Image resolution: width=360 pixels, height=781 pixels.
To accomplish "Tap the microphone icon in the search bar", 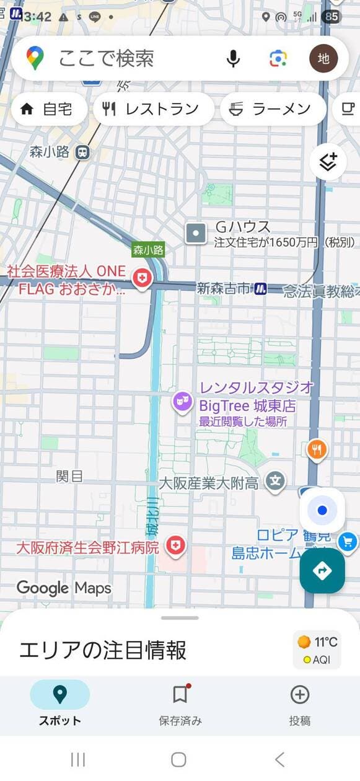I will click(x=233, y=59).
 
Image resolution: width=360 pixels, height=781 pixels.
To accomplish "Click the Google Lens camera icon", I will click(x=278, y=59).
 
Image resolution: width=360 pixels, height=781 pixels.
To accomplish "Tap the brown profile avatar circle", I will click(x=323, y=59).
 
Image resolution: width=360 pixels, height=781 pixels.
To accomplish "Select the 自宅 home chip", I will click(x=46, y=110).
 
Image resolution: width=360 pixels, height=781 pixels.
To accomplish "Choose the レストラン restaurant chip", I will click(x=152, y=110).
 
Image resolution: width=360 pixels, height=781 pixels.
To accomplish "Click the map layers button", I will click(x=328, y=162).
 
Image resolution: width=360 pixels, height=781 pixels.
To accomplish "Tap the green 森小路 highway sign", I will click(x=148, y=250).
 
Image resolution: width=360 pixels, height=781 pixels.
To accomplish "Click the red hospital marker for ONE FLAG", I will click(x=142, y=279).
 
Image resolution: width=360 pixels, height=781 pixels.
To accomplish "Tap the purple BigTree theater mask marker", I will click(x=182, y=402).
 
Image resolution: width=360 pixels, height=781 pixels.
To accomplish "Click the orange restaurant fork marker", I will click(x=317, y=450).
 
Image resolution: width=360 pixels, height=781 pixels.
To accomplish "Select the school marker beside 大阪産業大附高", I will click(x=275, y=480).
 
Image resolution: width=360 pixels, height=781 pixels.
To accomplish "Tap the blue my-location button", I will click(x=322, y=510).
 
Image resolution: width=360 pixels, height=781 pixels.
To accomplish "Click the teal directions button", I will click(x=322, y=570).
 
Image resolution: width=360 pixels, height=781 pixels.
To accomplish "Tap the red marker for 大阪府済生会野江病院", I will click(x=177, y=546).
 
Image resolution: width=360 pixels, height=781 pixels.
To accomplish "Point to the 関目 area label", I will click(x=69, y=476).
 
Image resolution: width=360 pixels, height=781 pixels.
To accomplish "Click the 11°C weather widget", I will click(x=317, y=650).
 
